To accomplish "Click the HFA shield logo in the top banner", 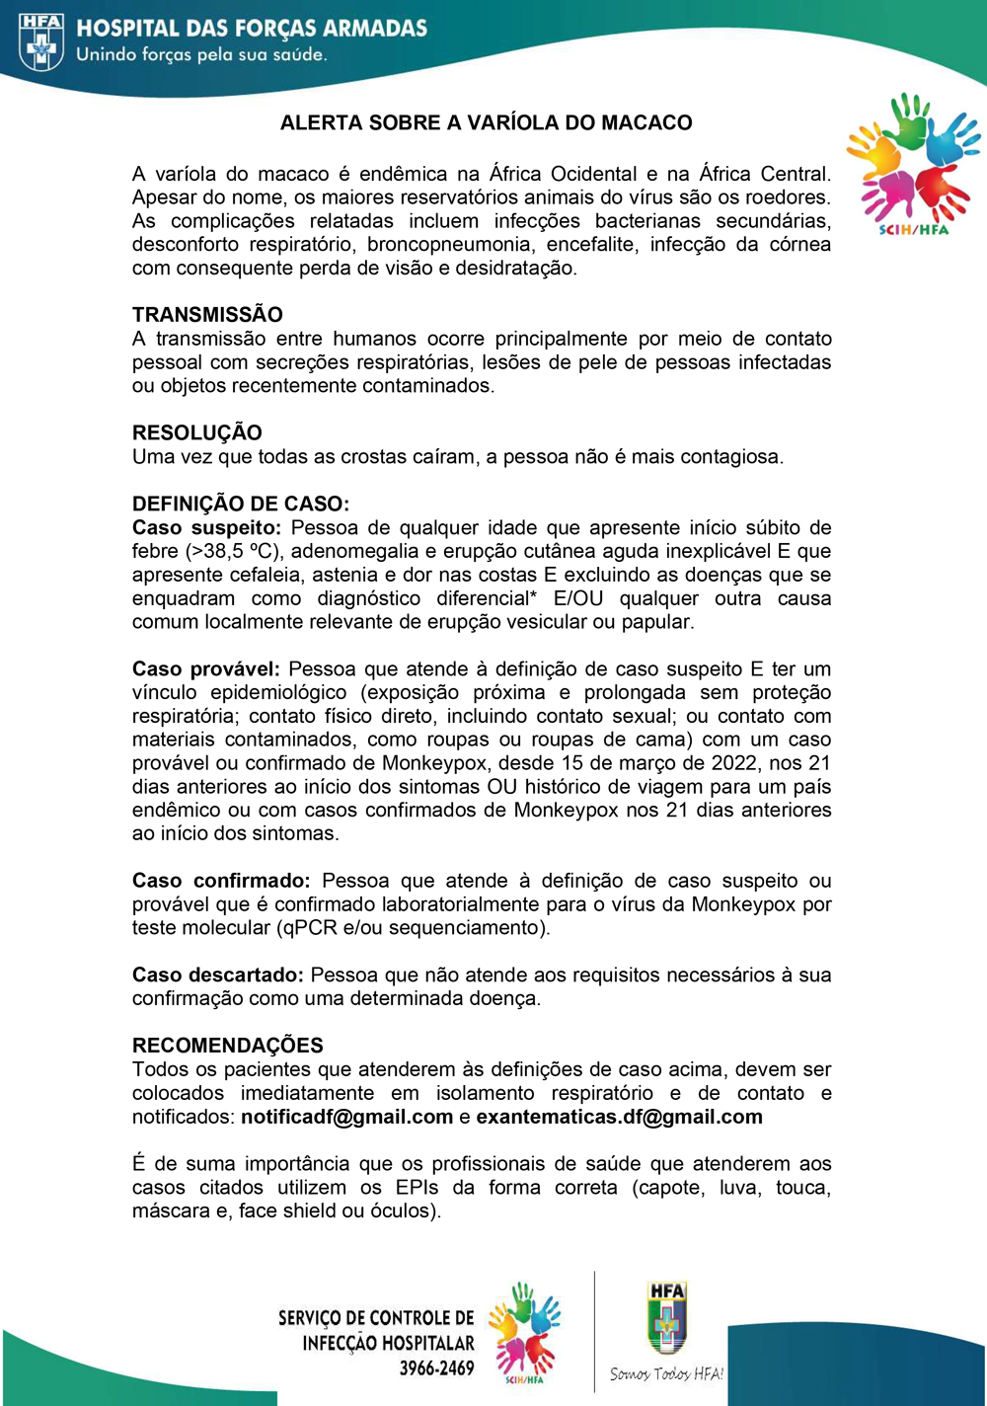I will pos(41,41).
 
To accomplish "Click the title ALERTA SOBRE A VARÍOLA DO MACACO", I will pos(486,122).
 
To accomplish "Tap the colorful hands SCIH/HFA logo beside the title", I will pos(913,163).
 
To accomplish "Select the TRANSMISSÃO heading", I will pos(207,315).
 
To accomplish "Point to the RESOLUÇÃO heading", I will pos(197,432).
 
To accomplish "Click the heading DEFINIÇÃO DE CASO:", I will pos(241,504).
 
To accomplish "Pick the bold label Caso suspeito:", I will pos(206,527).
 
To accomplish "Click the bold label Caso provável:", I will pos(205,668).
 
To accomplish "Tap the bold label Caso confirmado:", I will pos(221,881).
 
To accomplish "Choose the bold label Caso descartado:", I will pos(218,975).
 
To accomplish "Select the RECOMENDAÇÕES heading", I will pos(228,1045).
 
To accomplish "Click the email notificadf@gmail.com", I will pos(346,1117).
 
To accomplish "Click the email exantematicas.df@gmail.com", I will pos(619,1117).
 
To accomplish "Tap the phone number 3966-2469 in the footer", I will pos(436,1368).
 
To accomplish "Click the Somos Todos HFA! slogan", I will pos(666,1373).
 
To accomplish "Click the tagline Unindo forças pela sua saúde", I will pos(201,54).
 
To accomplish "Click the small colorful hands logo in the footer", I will pos(524,1333).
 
